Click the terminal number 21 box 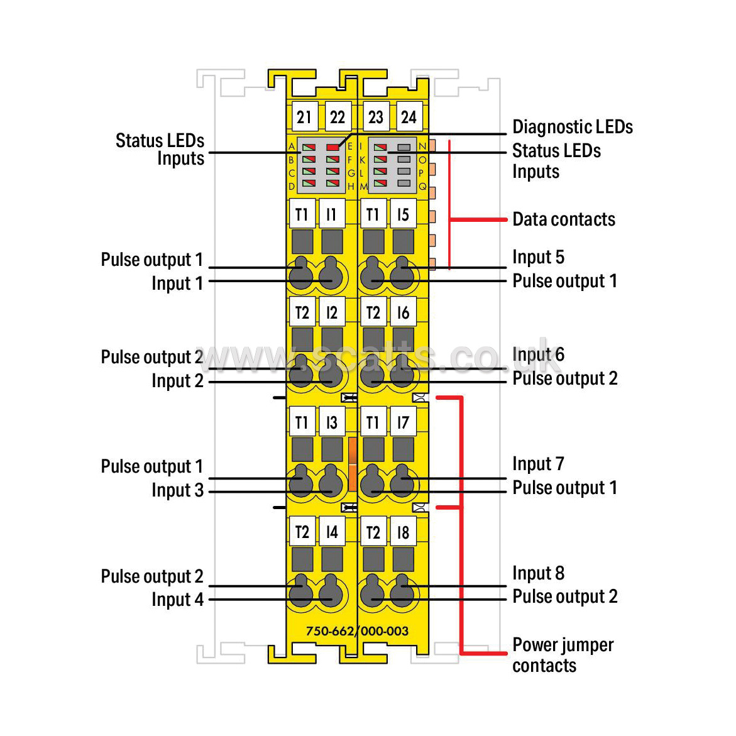click(x=304, y=118)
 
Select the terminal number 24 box click(x=409, y=118)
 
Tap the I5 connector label click(x=403, y=214)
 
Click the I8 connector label click(x=403, y=532)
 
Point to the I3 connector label click(x=332, y=422)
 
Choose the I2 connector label click(x=332, y=312)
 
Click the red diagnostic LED click(x=332, y=147)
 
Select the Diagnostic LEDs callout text click(x=572, y=127)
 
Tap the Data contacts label click(x=564, y=219)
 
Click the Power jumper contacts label click(x=563, y=655)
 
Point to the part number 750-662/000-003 click(x=357, y=631)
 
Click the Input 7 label click(x=538, y=464)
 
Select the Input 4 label click(x=177, y=600)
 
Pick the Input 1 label click(x=177, y=283)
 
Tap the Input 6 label click(x=538, y=354)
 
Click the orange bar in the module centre click(x=352, y=464)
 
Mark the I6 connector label click(x=403, y=312)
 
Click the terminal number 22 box click(x=338, y=118)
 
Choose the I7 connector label click(x=403, y=422)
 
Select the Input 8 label click(x=538, y=573)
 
